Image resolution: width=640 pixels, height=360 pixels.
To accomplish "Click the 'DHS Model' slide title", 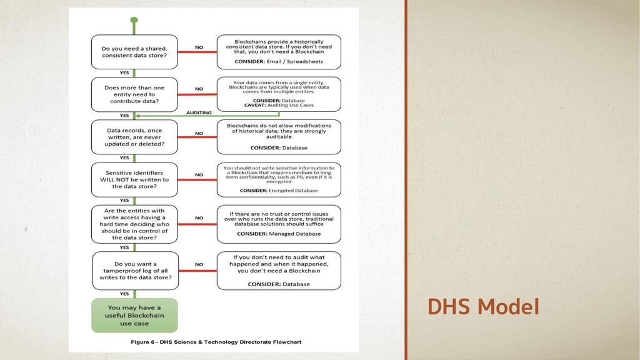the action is pyautogui.click(x=483, y=307).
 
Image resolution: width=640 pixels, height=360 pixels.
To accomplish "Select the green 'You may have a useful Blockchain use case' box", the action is pyautogui.click(x=134, y=315).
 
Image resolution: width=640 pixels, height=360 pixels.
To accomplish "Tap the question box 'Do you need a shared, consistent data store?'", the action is pyautogui.click(x=134, y=52).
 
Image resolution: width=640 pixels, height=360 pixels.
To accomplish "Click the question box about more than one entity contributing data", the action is pyautogui.click(x=134, y=94).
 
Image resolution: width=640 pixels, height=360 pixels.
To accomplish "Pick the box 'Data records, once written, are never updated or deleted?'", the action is pyautogui.click(x=134, y=137).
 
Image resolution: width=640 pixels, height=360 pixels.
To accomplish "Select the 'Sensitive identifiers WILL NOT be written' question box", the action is pyautogui.click(x=134, y=179).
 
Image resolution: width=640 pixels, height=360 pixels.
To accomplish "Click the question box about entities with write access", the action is pyautogui.click(x=134, y=224).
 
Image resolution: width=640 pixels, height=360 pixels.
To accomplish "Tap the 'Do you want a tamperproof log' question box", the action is pyautogui.click(x=134, y=271).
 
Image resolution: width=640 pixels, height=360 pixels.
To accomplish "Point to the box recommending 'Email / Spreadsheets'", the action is pyautogui.click(x=279, y=52).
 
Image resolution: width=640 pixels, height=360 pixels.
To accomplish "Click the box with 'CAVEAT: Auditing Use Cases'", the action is pyautogui.click(x=279, y=94).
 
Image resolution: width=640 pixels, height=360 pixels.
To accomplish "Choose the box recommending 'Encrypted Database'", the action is pyautogui.click(x=279, y=179).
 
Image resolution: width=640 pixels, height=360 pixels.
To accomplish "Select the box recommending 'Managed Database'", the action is pyautogui.click(x=279, y=224).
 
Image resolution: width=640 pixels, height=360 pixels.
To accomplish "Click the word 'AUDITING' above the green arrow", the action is pyautogui.click(x=199, y=112).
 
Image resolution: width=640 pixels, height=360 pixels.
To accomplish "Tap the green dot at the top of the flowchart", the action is pyautogui.click(x=134, y=20).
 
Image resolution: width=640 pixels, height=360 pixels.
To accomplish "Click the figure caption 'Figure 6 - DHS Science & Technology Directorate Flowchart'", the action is pyautogui.click(x=216, y=342).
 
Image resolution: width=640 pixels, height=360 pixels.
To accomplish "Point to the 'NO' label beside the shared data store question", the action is pyautogui.click(x=199, y=47).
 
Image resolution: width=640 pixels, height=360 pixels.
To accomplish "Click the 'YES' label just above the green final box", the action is pyautogui.click(x=124, y=294).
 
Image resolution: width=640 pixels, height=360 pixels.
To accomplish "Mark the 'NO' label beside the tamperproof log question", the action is pyautogui.click(x=199, y=265).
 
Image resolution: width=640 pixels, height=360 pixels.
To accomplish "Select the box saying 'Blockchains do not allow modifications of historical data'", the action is pyautogui.click(x=279, y=137).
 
